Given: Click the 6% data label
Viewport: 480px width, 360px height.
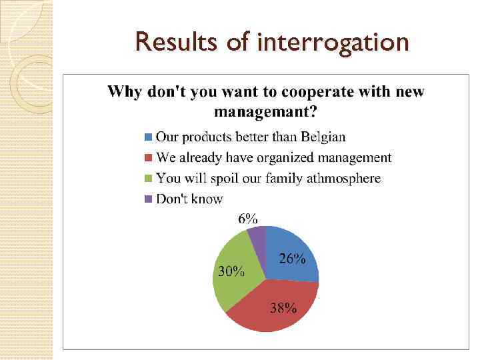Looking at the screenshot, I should tap(248, 218).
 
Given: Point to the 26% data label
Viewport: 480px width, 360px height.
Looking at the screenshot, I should tap(292, 259).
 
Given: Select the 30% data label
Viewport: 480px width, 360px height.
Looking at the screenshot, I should tap(231, 271).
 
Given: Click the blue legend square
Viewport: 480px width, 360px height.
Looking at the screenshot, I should tap(149, 137).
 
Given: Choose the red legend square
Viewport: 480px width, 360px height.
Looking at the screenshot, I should tap(149, 158).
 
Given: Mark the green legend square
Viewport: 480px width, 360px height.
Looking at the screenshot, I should tap(149, 179).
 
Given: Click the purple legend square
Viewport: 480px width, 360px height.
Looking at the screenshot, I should tap(149, 199).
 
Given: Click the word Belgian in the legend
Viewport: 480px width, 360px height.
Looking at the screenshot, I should tap(323, 137).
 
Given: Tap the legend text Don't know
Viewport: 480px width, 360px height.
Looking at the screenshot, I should tap(189, 199).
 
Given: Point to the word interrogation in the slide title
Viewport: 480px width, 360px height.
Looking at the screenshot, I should tap(332, 43).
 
